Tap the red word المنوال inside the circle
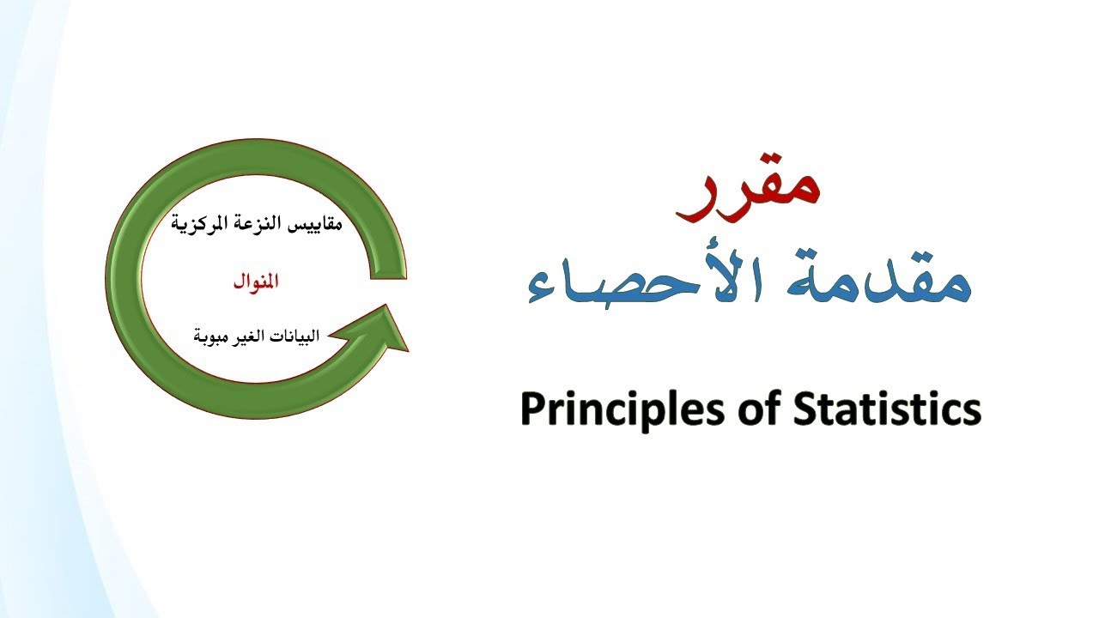coord(256,282)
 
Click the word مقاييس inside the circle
coord(313,225)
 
